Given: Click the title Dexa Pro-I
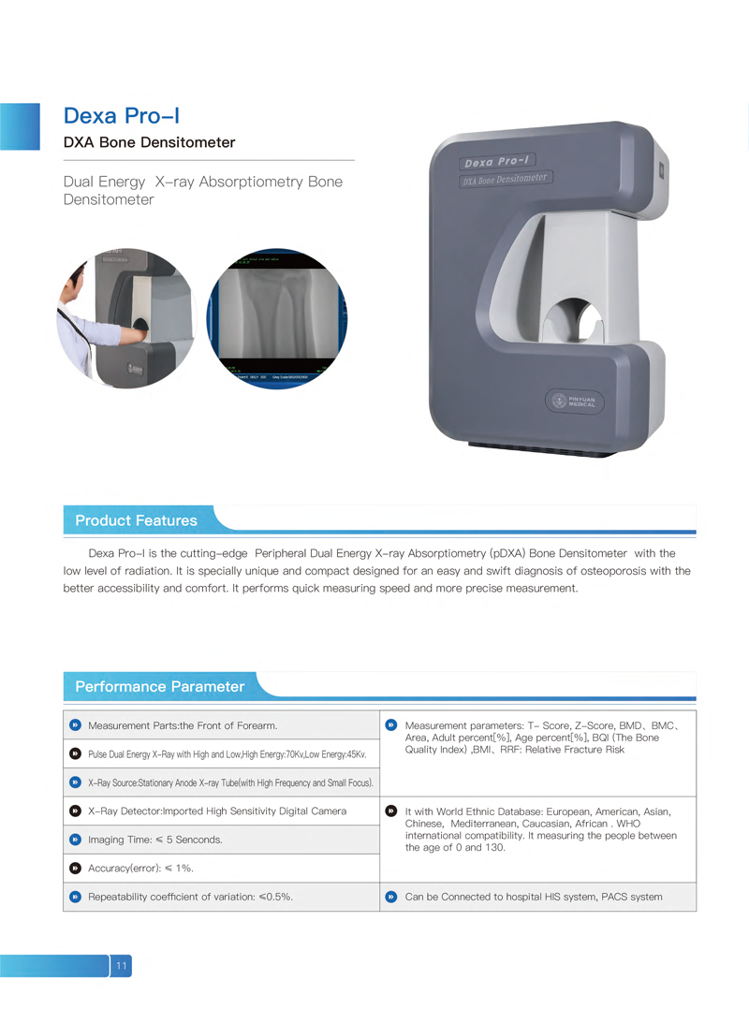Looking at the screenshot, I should (x=121, y=116).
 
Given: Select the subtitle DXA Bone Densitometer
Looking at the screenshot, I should (x=149, y=143).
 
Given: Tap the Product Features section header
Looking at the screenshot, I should (x=136, y=520).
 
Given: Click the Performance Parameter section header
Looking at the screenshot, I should (x=159, y=686).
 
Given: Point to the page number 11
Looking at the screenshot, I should (x=122, y=965).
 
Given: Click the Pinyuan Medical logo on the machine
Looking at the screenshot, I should (x=575, y=402).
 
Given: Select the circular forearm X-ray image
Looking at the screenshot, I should (x=276, y=318).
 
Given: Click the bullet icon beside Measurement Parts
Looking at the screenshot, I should (x=75, y=724).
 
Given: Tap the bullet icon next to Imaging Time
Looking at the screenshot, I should (x=75, y=840).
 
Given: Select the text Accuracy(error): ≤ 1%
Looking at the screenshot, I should (x=140, y=869).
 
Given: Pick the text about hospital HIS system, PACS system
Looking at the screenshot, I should (x=533, y=897).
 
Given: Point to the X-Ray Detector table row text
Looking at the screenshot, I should (x=216, y=811).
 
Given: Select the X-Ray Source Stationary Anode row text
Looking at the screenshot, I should (x=230, y=782).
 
